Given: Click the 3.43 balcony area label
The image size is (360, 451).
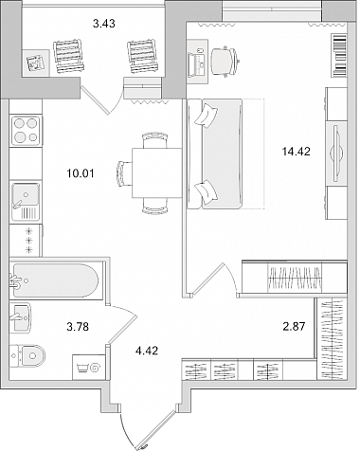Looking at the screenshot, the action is pyautogui.click(x=104, y=24).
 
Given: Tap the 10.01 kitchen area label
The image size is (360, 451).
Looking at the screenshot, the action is pyautogui.click(x=81, y=173).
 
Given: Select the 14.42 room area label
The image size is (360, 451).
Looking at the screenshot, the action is pyautogui.click(x=297, y=152).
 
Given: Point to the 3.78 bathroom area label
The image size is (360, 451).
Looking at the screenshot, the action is pyautogui.click(x=78, y=327).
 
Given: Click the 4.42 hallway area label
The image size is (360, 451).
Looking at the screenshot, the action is pyautogui.click(x=147, y=351).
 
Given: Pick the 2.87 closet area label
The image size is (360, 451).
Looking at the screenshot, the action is pyautogui.click(x=294, y=326).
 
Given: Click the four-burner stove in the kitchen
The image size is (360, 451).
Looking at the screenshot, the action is pyautogui.click(x=26, y=131).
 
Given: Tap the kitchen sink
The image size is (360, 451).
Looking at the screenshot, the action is pyautogui.click(x=26, y=202).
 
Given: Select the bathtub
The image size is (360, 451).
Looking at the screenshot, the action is pyautogui.click(x=55, y=280).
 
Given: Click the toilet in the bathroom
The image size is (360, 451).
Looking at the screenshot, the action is pyautogui.click(x=27, y=355).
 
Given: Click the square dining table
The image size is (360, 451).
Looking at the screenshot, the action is pyautogui.click(x=157, y=172).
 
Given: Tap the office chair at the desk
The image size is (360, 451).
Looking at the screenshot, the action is pyautogui.click(x=225, y=62).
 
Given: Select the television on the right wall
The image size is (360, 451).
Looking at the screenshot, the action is pyautogui.click(x=336, y=153).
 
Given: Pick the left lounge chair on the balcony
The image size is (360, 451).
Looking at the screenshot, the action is pyautogui.click(x=69, y=56).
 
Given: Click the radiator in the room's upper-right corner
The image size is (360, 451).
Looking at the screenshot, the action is pyautogui.click(x=339, y=55).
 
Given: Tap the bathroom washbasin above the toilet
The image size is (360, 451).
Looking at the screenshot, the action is pyautogui.click(x=20, y=317).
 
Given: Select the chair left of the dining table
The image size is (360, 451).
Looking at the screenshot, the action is pyautogui.click(x=124, y=173).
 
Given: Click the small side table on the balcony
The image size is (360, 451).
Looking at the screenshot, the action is pyautogui.click(x=36, y=63).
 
